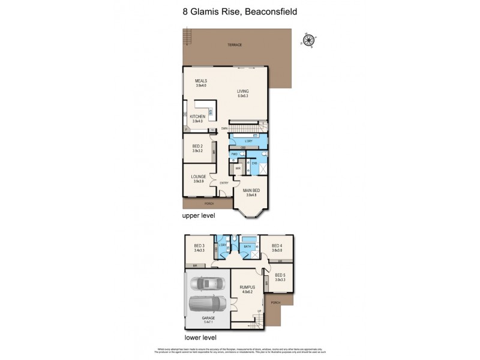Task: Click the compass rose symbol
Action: click(x=309, y=40)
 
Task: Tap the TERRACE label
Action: click(x=235, y=46)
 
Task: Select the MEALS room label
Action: click(x=200, y=82)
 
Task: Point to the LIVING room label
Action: click(x=242, y=92)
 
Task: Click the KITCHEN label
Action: click(x=197, y=117)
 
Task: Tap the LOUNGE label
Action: click(x=199, y=176)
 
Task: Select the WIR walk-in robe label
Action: click(x=238, y=169)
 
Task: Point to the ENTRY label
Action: click(x=224, y=182)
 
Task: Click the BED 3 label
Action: click(x=200, y=246)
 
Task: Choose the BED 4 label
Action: click(x=276, y=246)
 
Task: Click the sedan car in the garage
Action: click(x=208, y=283)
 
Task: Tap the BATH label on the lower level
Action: click(x=247, y=246)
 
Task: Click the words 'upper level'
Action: click(x=198, y=215)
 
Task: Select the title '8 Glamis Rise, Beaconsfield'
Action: click(x=239, y=10)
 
